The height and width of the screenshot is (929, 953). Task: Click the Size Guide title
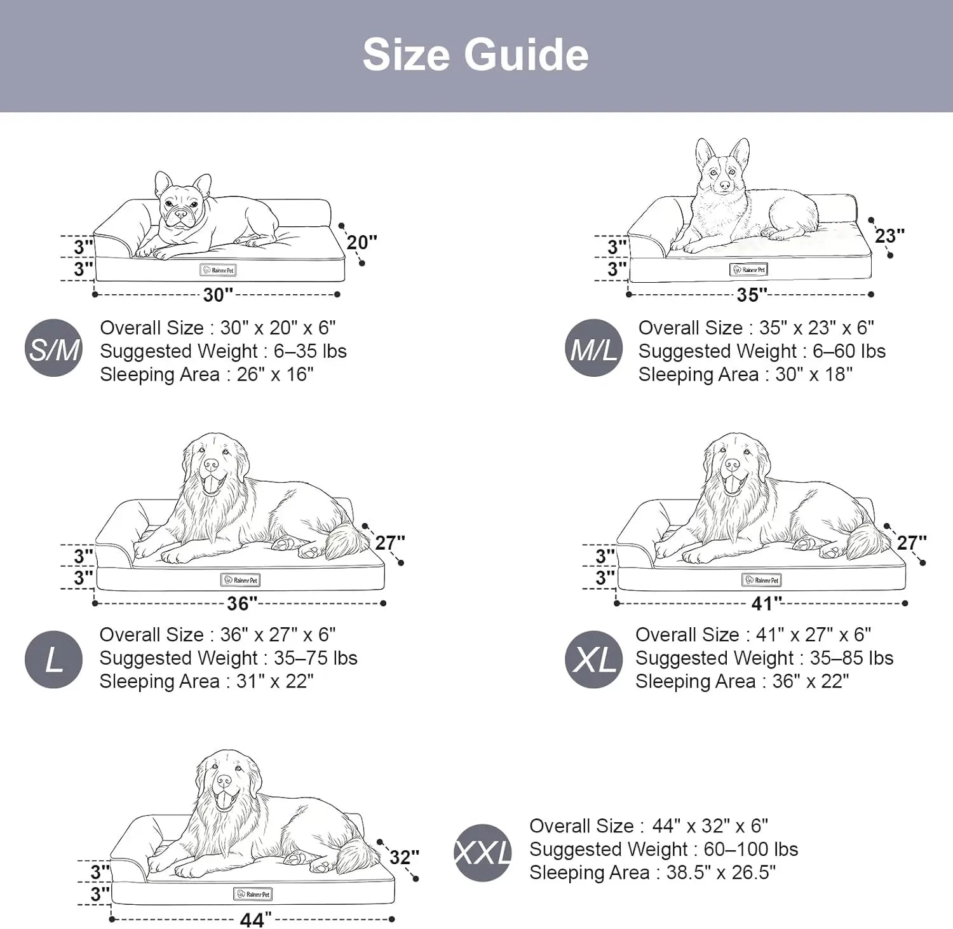pyautogui.click(x=475, y=55)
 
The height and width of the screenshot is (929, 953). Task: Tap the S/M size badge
pyautogui.click(x=54, y=348)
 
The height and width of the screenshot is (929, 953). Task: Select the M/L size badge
pyautogui.click(x=593, y=348)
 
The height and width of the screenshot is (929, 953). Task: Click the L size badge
pyautogui.click(x=54, y=660)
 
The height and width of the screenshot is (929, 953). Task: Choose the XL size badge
pyautogui.click(x=593, y=660)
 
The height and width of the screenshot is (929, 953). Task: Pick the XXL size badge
pyautogui.click(x=483, y=852)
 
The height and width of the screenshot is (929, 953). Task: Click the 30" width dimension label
pyautogui.click(x=218, y=295)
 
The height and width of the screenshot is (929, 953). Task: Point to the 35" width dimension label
pyautogui.click(x=752, y=295)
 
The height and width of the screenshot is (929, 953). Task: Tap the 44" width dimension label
pyautogui.click(x=255, y=919)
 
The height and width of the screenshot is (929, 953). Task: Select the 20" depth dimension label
pyautogui.click(x=362, y=242)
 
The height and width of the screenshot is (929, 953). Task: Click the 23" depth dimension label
pyautogui.click(x=889, y=236)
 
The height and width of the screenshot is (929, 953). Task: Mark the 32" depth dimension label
pyautogui.click(x=404, y=857)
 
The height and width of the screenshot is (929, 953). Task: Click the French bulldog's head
pyautogui.click(x=182, y=203)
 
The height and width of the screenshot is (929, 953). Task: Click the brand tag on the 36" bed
pyautogui.click(x=240, y=580)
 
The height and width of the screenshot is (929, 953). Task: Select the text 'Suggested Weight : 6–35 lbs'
pyautogui.click(x=223, y=351)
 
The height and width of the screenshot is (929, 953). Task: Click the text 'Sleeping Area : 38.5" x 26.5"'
pyautogui.click(x=652, y=873)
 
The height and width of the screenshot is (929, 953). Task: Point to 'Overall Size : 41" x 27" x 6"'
pyautogui.click(x=753, y=635)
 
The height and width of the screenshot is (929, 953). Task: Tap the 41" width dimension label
pyautogui.click(x=766, y=603)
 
